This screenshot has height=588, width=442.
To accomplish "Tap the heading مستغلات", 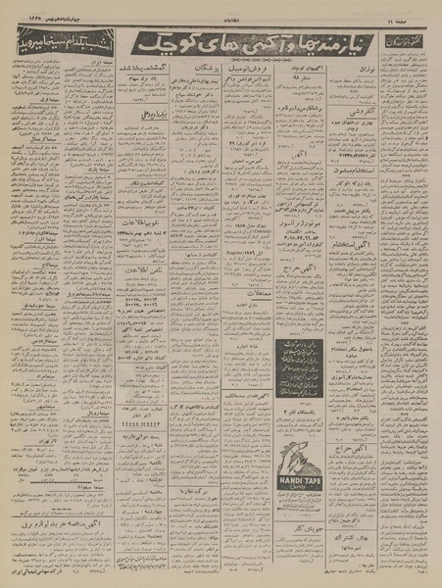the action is (246, 292).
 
